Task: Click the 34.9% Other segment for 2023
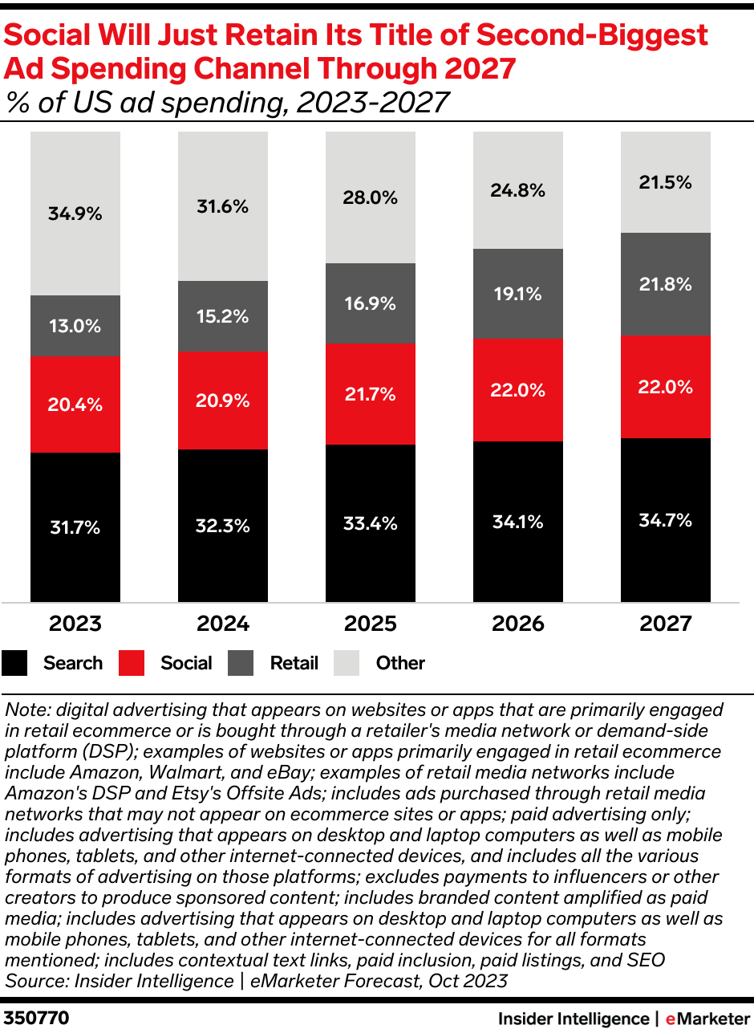(75, 214)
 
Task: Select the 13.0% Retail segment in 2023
(75, 326)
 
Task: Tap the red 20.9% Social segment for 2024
(223, 400)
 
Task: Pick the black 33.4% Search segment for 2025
(371, 523)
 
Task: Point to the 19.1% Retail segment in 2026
(518, 294)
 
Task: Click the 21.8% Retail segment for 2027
(666, 284)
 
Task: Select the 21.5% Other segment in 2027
(666, 182)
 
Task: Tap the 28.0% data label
(371, 197)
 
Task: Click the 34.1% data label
(518, 522)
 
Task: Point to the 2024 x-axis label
(223, 624)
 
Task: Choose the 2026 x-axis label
(518, 624)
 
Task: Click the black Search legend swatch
(15, 663)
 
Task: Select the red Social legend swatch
(132, 663)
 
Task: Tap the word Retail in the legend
(294, 663)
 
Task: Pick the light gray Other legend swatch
(348, 663)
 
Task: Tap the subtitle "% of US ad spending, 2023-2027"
(226, 103)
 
